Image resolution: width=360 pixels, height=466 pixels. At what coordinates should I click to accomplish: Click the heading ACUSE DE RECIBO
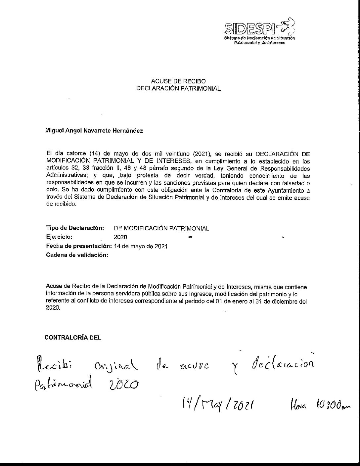pos(178,81)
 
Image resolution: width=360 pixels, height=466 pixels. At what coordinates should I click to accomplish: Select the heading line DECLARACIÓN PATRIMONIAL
pos(178,88)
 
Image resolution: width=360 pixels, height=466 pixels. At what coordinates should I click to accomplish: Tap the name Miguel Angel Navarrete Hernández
pos(94,131)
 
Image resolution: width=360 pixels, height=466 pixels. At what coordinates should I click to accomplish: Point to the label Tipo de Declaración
pos(75,228)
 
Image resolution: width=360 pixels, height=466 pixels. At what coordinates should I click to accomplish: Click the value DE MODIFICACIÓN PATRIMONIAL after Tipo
pos(161,228)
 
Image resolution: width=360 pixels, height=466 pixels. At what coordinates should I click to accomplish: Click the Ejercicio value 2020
pos(120,237)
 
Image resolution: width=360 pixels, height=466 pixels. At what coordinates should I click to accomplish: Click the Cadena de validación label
pos(77,255)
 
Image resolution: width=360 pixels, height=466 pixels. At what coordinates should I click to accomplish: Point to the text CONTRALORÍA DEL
pos(73,338)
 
